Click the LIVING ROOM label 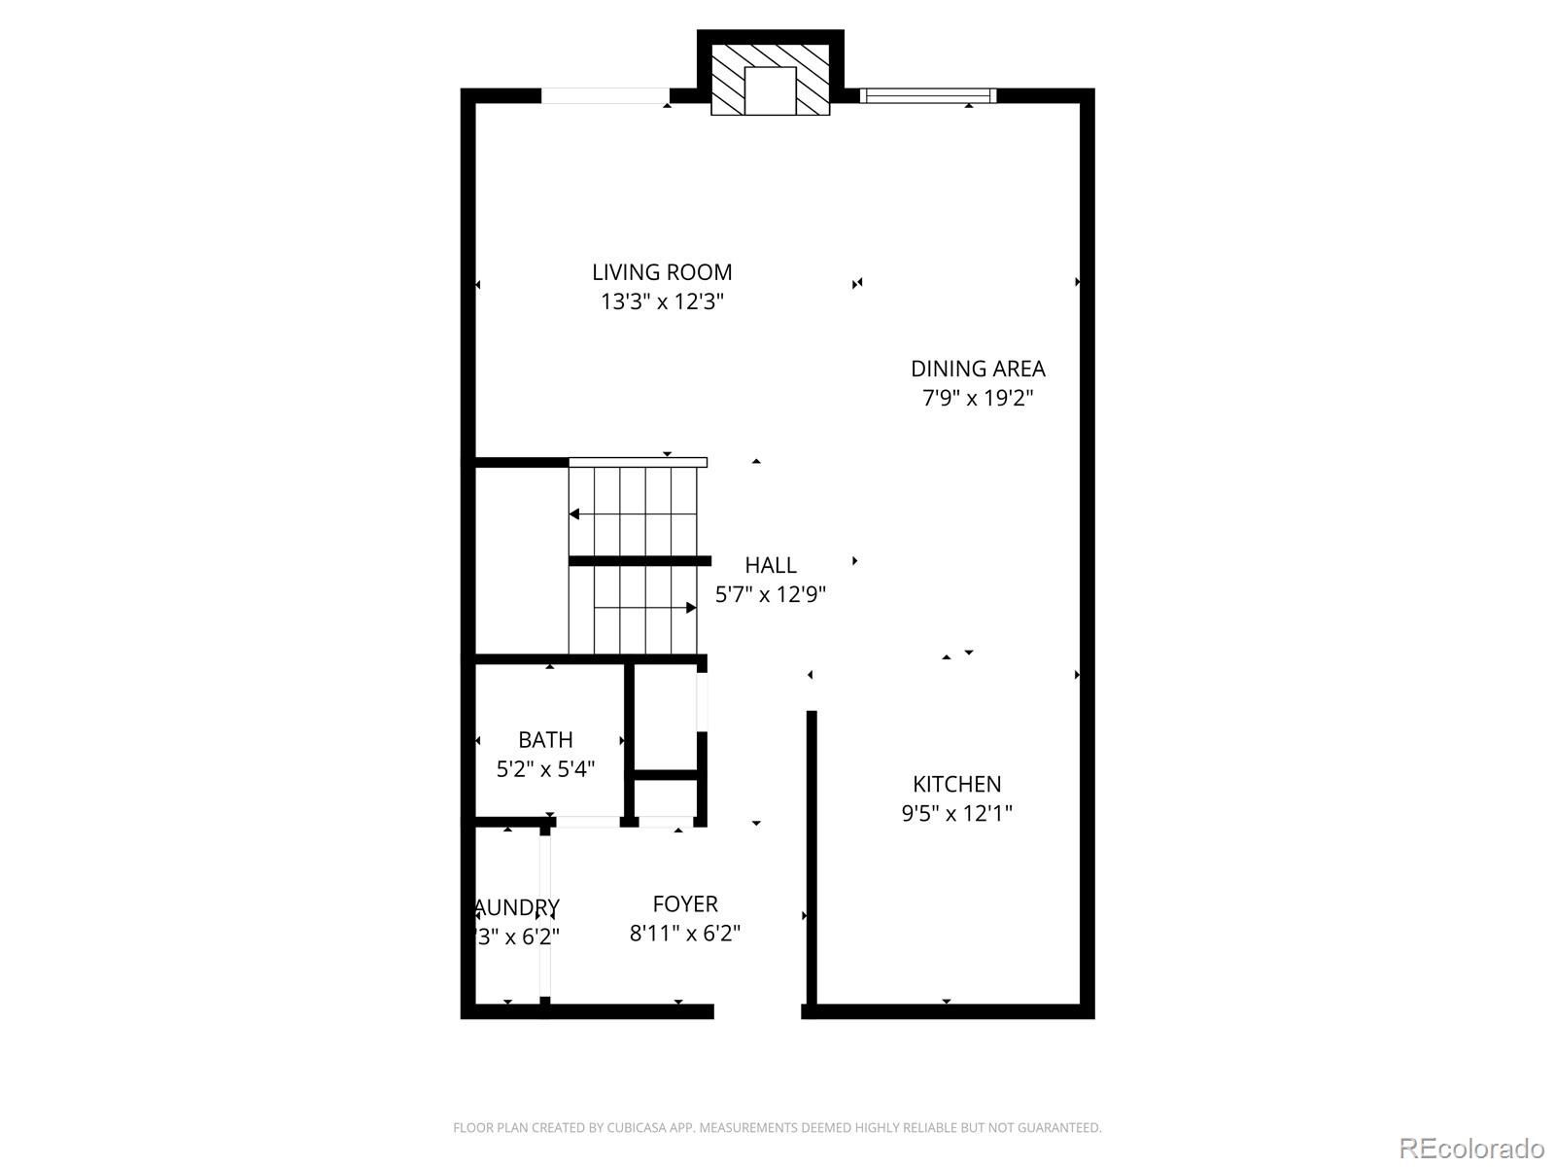point(662,272)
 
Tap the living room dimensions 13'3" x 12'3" point(662,301)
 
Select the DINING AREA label point(978,369)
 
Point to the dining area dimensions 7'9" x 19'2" point(978,398)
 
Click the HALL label point(771,565)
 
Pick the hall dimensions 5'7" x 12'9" point(771,594)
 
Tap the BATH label point(545,740)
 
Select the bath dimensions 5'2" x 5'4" point(545,769)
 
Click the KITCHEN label point(956,784)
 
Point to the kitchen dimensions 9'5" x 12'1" point(956,813)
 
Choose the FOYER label point(685,904)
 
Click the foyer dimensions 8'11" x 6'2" point(685,934)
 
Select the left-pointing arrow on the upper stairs point(575,513)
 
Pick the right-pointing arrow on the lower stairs point(690,608)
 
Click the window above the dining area point(928,95)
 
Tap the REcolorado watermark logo point(1471,1148)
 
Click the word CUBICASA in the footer point(637,1128)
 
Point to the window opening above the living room point(605,95)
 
